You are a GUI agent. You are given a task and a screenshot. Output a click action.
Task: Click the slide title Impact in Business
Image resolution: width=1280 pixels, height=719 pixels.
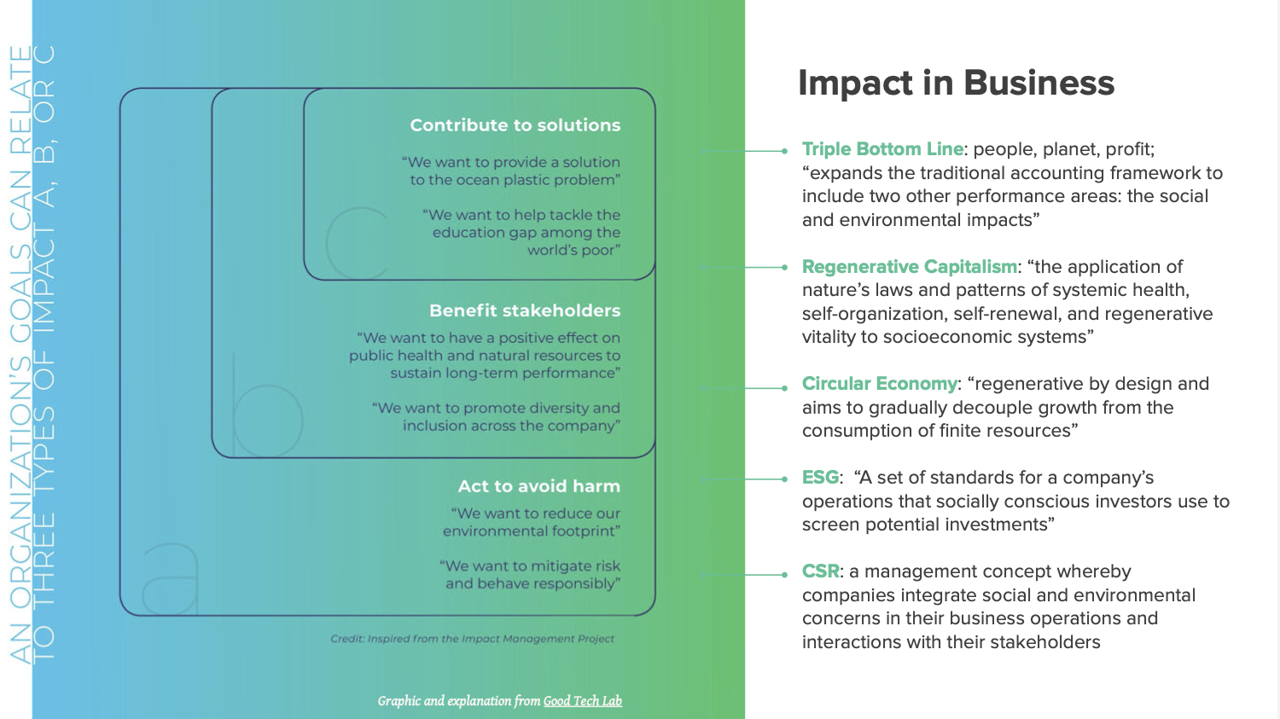(x=956, y=83)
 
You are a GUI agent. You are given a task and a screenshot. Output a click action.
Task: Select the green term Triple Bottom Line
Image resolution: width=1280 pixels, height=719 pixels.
(x=882, y=149)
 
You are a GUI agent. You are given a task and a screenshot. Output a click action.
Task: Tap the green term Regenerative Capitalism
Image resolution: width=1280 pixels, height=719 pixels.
(x=909, y=267)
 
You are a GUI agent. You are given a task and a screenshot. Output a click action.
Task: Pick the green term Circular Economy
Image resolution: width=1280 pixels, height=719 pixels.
(x=879, y=384)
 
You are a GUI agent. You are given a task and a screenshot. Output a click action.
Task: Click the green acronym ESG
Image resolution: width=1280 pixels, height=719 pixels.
(x=820, y=478)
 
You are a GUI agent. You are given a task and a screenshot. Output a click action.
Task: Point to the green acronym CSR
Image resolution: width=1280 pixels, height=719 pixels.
(x=820, y=571)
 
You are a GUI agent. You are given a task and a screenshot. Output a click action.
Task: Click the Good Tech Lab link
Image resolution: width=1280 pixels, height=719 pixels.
(x=583, y=701)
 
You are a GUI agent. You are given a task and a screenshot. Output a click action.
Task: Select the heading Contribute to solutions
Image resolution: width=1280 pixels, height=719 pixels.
(x=515, y=125)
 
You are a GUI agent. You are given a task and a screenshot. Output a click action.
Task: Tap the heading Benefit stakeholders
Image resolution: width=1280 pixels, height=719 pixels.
(x=525, y=310)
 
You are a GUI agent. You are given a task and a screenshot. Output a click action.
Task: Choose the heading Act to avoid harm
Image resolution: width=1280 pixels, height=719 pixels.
(x=538, y=486)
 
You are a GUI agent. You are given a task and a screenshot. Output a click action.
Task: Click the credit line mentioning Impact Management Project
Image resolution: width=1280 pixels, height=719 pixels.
(x=472, y=639)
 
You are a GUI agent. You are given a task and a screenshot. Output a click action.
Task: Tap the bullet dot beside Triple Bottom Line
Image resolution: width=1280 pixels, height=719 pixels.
(x=784, y=151)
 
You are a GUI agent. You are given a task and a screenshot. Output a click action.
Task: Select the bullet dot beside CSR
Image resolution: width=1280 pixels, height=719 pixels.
(x=784, y=575)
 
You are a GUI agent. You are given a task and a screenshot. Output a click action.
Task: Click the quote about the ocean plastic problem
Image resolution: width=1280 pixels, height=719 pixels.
(x=512, y=171)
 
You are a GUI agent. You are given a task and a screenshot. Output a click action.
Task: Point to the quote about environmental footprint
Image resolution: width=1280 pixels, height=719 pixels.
(x=532, y=522)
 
